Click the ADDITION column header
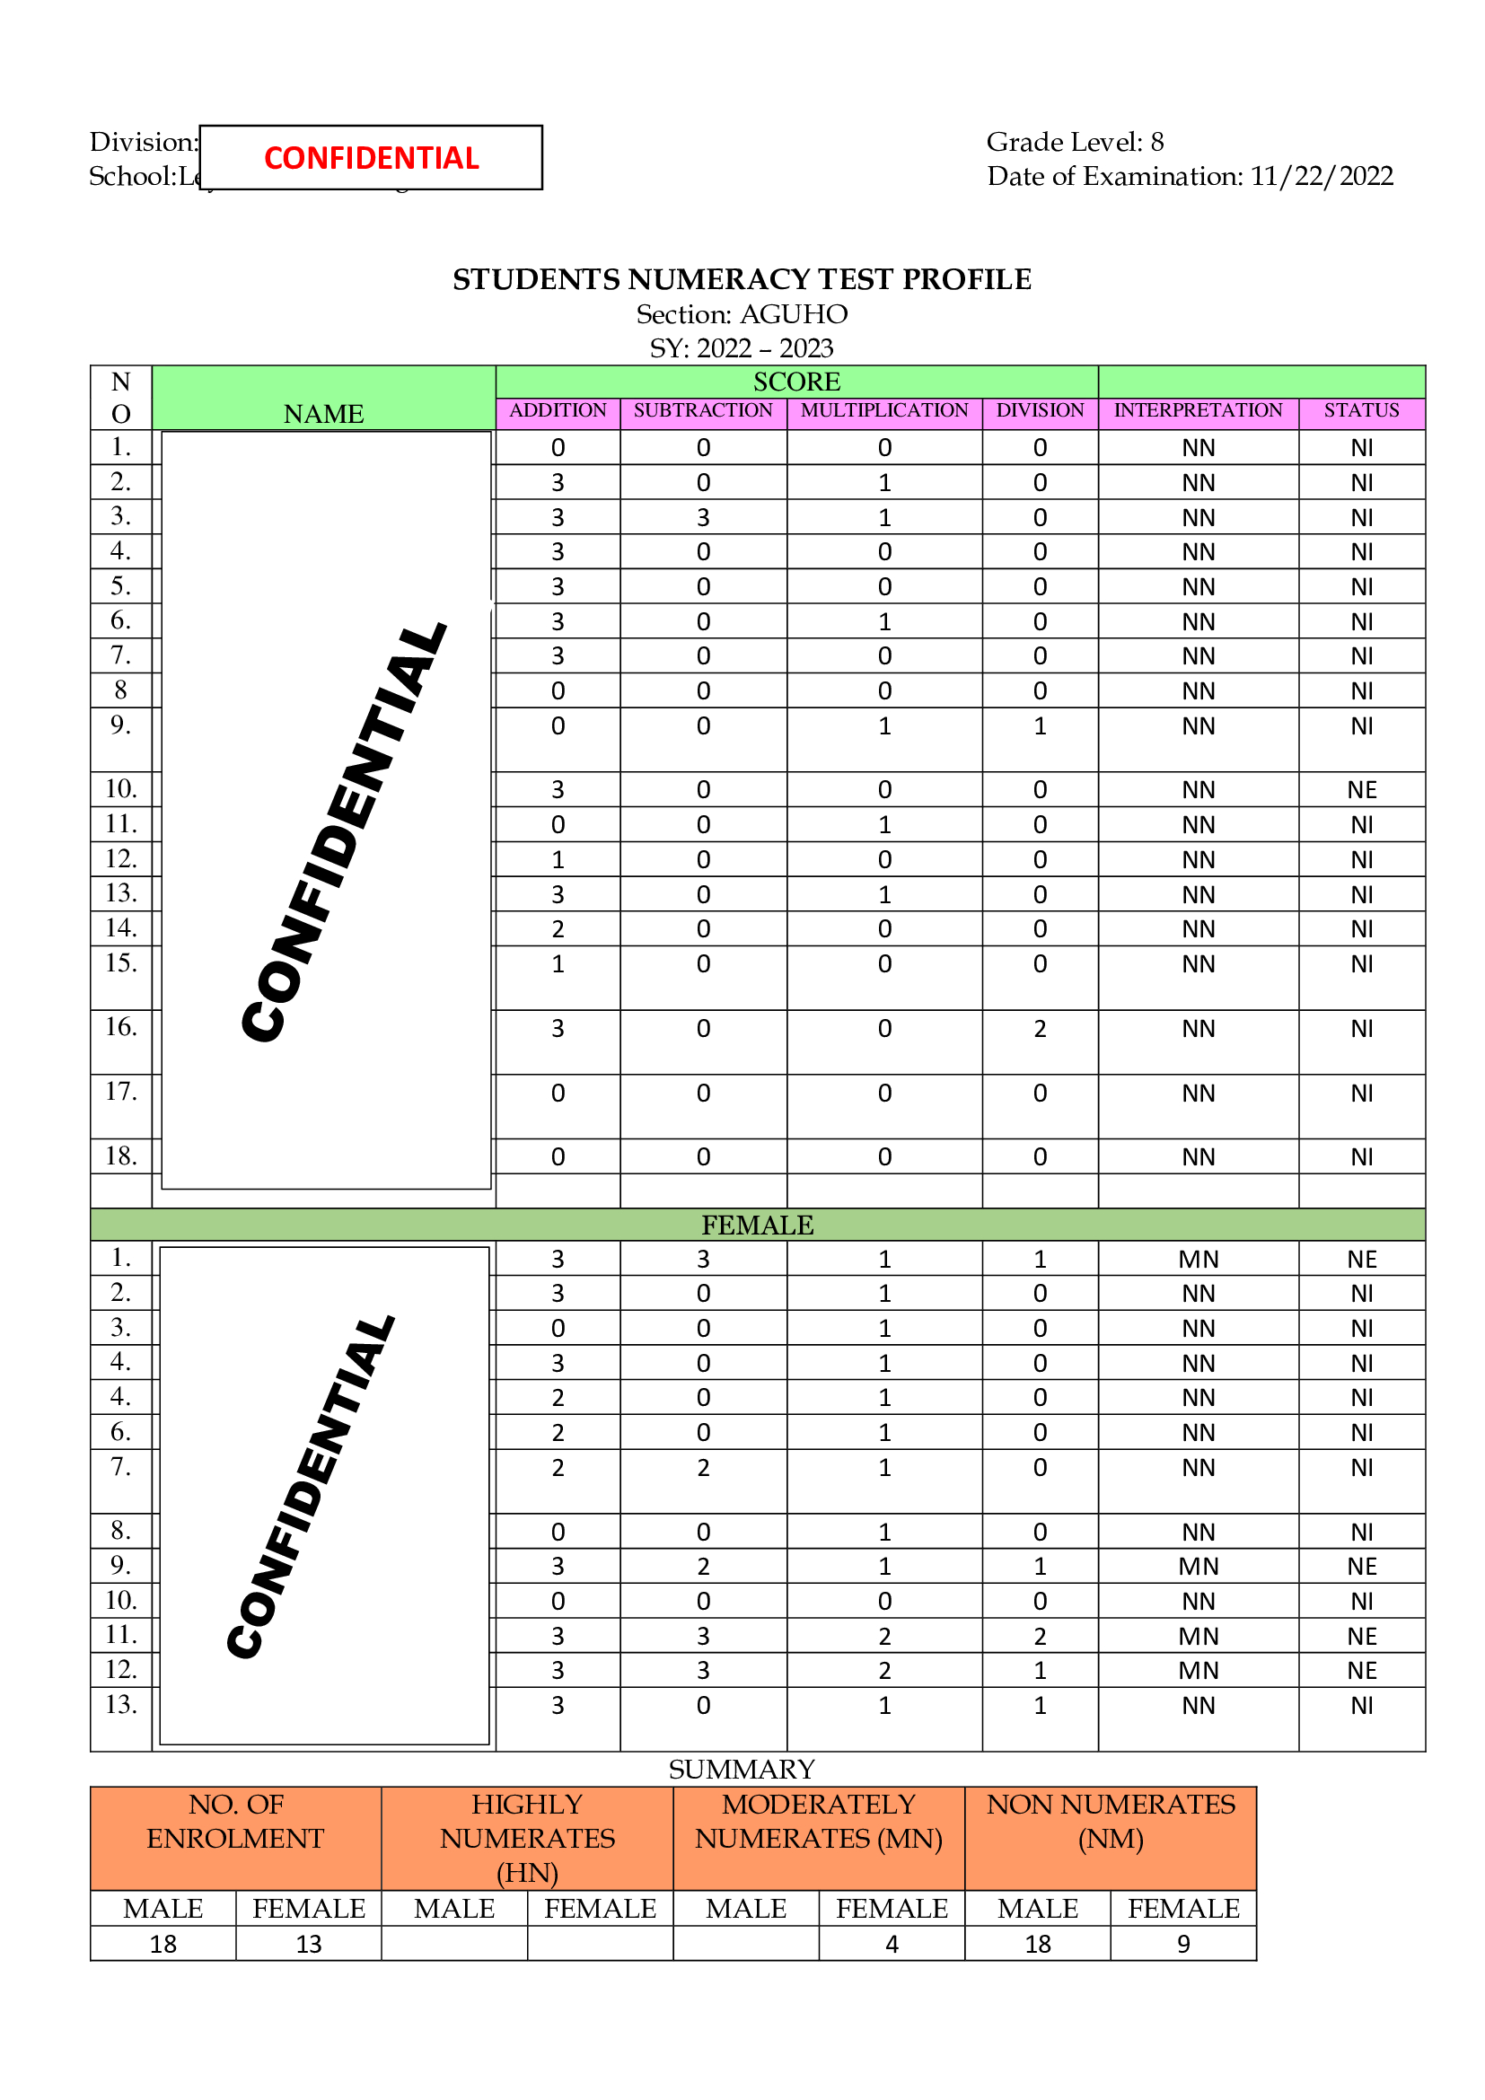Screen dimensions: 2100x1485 558,410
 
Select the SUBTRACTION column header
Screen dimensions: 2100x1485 702,410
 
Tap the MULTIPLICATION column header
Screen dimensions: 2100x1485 884,410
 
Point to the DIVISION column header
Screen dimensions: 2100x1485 1040,410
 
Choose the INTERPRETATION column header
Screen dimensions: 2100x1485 1198,410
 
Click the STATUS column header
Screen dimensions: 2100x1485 1362,410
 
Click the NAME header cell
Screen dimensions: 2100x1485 324,414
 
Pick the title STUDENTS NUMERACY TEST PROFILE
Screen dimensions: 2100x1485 742,279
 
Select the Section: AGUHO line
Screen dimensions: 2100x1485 742,313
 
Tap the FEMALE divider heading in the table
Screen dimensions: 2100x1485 757,1225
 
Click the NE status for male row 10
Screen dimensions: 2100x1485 1362,789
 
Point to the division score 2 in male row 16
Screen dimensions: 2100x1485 1040,1029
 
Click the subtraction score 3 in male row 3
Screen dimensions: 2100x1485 702,518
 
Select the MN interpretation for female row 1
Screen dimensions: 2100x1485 1198,1260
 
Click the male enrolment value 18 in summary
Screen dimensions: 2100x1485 163,1944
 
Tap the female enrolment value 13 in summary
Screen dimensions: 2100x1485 308,1944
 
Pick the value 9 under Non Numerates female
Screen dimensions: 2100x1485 1183,1944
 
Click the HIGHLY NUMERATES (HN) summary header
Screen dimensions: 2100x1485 527,1839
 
